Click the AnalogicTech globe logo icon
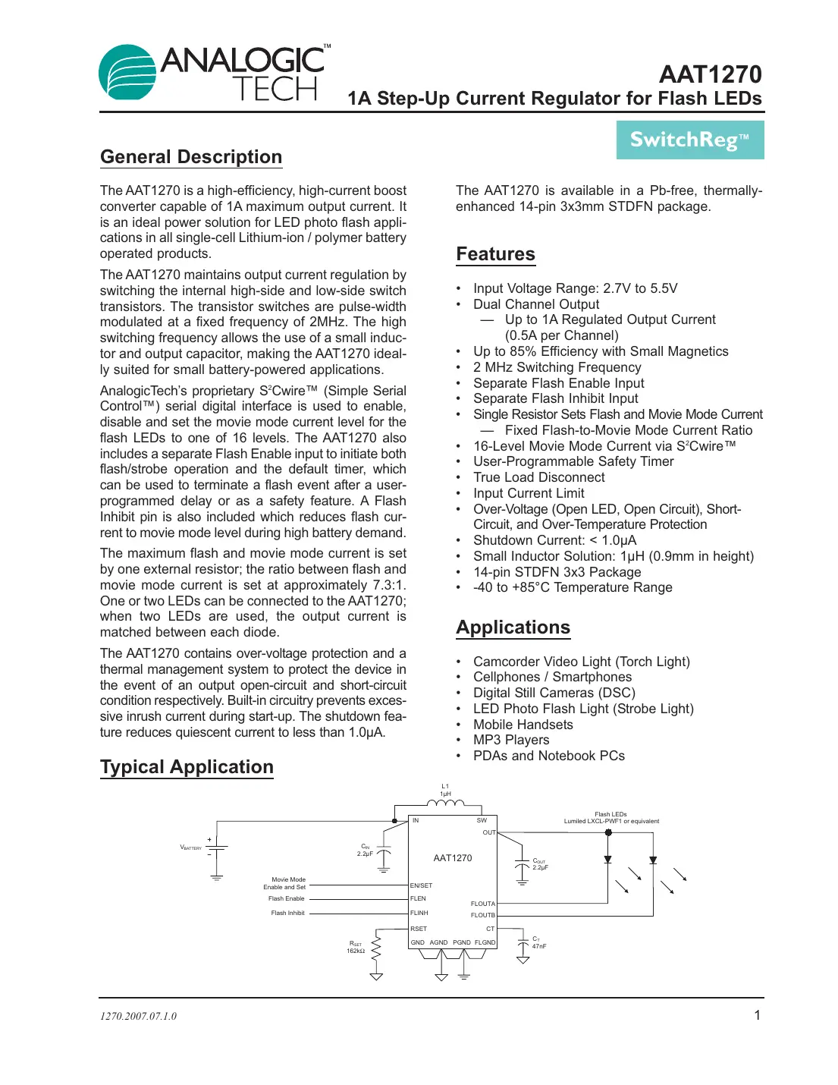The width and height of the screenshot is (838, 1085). point(127,73)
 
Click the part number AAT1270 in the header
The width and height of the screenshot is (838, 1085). point(710,74)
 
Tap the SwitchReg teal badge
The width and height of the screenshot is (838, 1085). point(689,140)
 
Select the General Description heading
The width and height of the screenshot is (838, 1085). point(191,157)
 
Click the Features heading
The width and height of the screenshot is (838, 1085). point(495,254)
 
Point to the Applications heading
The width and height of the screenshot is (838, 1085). point(513,627)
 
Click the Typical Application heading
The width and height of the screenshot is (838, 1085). point(187,767)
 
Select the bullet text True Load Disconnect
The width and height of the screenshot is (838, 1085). point(538,477)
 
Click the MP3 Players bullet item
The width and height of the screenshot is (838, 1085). point(510,740)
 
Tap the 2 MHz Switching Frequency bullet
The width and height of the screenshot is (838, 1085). point(557,367)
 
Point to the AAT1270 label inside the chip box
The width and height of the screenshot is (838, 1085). point(452,858)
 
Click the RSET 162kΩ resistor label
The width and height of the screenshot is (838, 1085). point(356,947)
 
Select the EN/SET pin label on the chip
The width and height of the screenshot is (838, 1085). point(421,885)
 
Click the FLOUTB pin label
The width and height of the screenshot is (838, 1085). point(482,915)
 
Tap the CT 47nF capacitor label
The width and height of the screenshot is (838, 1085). point(538,942)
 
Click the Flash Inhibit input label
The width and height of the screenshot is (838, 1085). point(287,913)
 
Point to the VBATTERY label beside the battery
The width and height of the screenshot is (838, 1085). point(190,848)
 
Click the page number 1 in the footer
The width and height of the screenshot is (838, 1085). point(757,1015)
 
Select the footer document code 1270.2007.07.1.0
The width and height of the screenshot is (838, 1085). point(138,1016)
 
